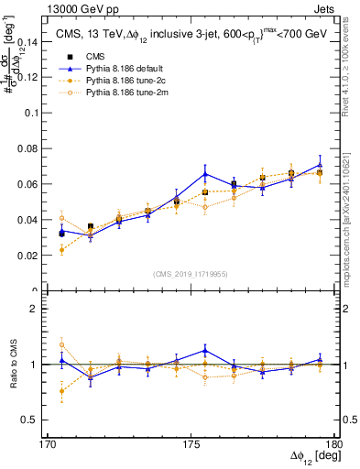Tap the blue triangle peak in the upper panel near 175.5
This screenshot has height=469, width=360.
205,173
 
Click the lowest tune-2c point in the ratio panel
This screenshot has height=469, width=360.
61,391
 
